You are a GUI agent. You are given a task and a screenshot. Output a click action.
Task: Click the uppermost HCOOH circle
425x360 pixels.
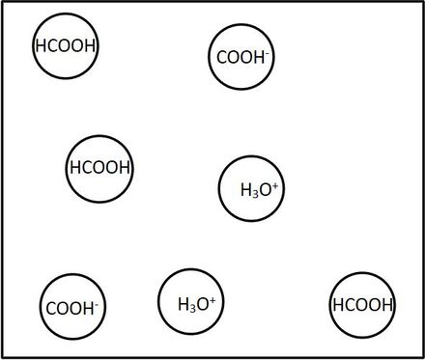(x=67, y=45)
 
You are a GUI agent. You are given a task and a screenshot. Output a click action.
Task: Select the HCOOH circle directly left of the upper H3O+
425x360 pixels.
(x=99, y=168)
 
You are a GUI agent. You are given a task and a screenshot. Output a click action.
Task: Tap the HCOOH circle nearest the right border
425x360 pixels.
(x=362, y=306)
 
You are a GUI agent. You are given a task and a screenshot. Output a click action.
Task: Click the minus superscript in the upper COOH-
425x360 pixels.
(x=268, y=51)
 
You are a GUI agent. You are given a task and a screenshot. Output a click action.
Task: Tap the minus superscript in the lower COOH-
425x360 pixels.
(x=99, y=304)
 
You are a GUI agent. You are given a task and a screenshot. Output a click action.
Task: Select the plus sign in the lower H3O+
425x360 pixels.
(x=212, y=299)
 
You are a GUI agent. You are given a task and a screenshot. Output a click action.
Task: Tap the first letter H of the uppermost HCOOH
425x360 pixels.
(x=40, y=46)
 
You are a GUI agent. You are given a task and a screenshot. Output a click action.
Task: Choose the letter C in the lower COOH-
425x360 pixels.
(x=50, y=310)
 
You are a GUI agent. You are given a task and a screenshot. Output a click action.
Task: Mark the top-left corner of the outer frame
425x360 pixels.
(x=3, y=3)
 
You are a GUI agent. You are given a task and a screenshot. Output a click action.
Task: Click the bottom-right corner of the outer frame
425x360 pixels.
(x=421, y=356)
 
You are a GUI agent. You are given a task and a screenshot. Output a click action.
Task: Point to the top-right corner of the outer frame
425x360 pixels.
(x=421, y=3)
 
